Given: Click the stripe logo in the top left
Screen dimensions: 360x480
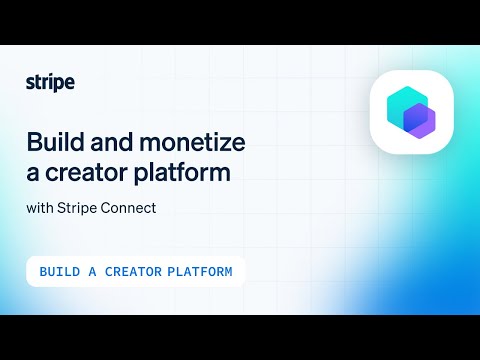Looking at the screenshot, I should (x=49, y=82).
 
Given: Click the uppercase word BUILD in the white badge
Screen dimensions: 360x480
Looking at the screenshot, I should (x=60, y=272).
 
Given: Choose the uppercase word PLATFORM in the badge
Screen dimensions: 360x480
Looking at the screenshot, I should (x=200, y=272).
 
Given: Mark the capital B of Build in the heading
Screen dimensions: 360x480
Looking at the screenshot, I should (x=32, y=142).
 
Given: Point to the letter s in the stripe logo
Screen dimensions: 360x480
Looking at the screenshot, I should (x=29, y=83).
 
